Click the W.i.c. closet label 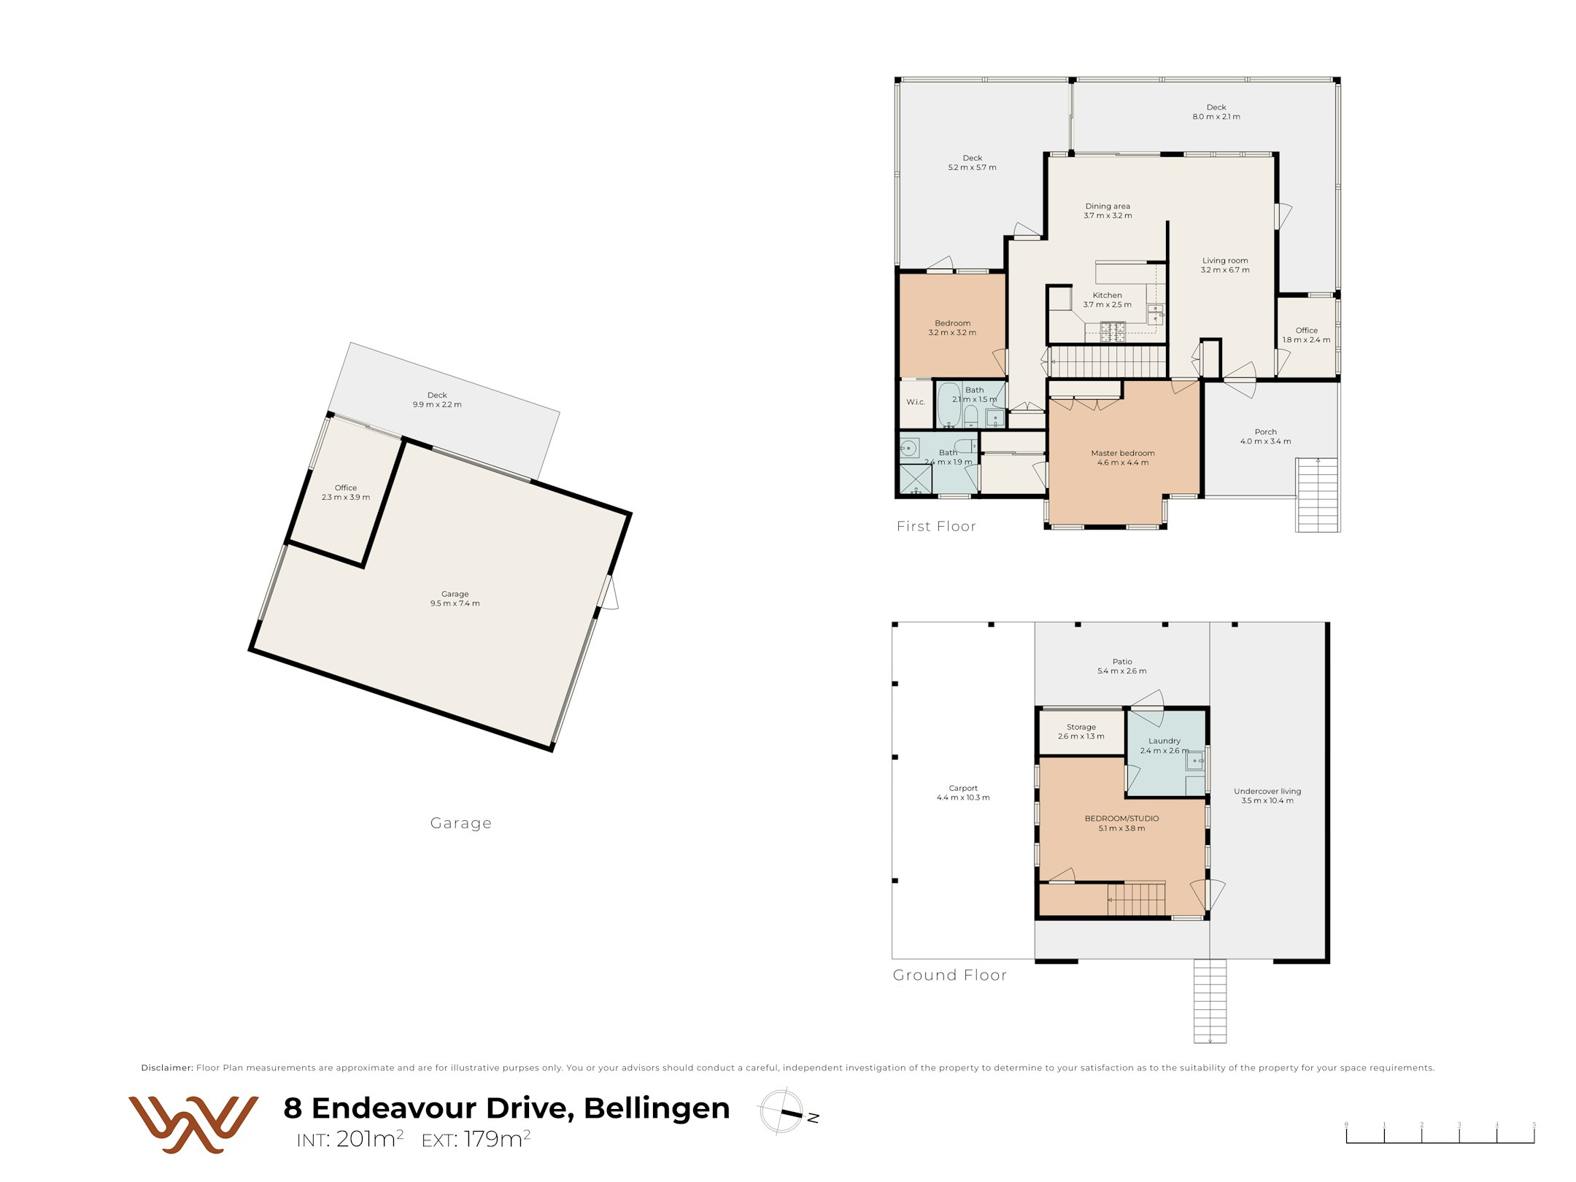pyautogui.click(x=916, y=402)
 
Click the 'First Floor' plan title pyautogui.click(x=936, y=526)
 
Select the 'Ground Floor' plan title pyautogui.click(x=950, y=975)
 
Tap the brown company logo pyautogui.click(x=193, y=1124)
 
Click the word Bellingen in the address pyautogui.click(x=657, y=1108)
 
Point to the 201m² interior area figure pyautogui.click(x=370, y=1138)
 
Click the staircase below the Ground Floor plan pyautogui.click(x=1210, y=1001)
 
